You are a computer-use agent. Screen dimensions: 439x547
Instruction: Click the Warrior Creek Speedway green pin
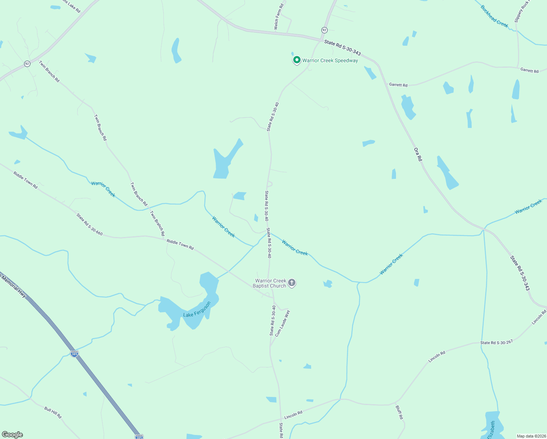(x=297, y=60)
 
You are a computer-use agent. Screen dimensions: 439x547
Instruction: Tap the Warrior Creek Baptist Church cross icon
(x=292, y=282)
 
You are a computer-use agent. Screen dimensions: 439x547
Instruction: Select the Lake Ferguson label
(x=197, y=310)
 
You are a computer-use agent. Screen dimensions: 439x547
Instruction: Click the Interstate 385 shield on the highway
(x=74, y=354)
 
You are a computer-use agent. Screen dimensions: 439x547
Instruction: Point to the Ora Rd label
(x=418, y=154)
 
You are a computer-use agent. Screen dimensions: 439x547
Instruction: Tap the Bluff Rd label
(x=399, y=412)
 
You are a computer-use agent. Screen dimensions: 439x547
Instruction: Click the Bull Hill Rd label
(x=53, y=412)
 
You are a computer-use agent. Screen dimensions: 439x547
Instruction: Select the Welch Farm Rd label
(x=279, y=17)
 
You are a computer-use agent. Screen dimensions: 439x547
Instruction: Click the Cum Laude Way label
(x=282, y=323)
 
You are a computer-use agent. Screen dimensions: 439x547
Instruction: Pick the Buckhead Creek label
(x=494, y=16)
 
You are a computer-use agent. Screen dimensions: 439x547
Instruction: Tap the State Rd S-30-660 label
(x=90, y=224)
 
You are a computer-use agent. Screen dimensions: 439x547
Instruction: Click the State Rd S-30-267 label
(x=497, y=342)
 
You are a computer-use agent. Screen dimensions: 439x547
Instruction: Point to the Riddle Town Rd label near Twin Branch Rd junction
(x=180, y=244)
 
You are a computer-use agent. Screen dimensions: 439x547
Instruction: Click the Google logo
(x=12, y=435)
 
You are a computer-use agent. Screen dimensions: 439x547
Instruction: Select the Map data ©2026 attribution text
(x=531, y=436)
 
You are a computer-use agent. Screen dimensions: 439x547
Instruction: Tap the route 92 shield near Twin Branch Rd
(x=27, y=64)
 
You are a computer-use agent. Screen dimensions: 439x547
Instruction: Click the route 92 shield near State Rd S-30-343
(x=324, y=30)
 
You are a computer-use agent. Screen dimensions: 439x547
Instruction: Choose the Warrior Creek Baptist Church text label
(x=271, y=283)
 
